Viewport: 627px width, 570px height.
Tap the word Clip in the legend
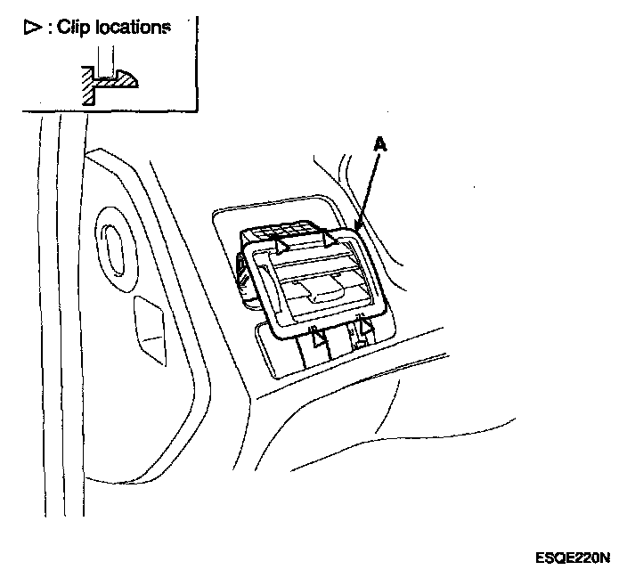point(76,27)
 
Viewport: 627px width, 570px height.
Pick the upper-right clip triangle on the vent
point(330,238)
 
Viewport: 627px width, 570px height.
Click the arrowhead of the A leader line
point(357,229)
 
